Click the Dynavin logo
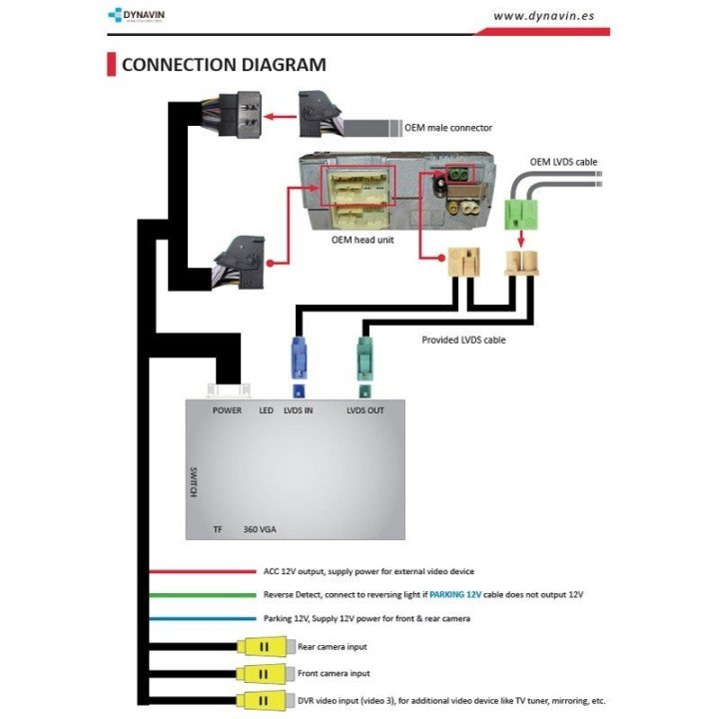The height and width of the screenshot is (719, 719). click(139, 15)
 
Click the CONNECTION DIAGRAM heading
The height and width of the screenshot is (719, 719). click(224, 66)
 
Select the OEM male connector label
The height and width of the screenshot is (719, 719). click(448, 128)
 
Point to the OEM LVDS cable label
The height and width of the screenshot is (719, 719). click(563, 161)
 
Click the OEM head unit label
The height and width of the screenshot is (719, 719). click(362, 241)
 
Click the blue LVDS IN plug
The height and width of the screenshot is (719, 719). click(298, 356)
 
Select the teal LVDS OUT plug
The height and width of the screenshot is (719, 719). click(364, 357)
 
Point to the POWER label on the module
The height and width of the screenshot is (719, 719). click(227, 410)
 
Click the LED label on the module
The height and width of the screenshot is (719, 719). click(266, 410)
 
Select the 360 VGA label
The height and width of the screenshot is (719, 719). click(260, 529)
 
